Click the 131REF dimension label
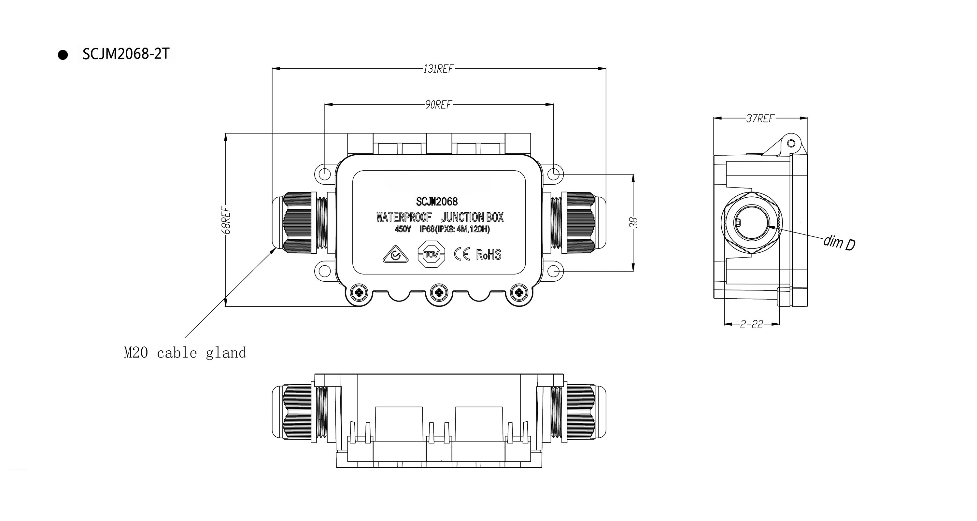coord(438,69)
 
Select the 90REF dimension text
coord(438,105)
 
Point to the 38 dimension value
coord(633,223)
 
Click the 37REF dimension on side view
coord(760,119)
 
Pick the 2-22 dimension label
coord(751,324)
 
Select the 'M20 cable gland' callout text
coord(185,353)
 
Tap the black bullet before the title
coord(63,55)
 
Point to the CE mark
coord(462,254)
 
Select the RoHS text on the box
coord(488,254)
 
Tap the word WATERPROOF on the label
coord(404,217)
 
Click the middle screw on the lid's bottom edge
coord(438,292)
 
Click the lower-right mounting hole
coord(554,271)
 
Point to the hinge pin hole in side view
coord(791,143)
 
